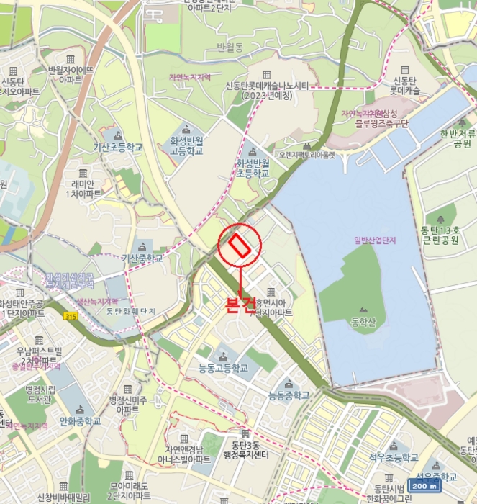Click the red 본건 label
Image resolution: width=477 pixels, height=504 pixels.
click(240, 304)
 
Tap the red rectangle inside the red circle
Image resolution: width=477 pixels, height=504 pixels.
click(240, 246)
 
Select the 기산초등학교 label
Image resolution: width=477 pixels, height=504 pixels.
click(118, 147)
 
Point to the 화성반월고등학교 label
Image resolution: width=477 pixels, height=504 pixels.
click(186, 147)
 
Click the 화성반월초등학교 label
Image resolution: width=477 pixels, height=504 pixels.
click(253, 169)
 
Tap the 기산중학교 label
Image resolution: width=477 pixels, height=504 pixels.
click(142, 258)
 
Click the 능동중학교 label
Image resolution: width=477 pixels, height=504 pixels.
click(289, 395)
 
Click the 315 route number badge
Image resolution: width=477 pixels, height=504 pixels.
click(70, 316)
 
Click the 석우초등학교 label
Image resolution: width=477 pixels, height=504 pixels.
click(394, 457)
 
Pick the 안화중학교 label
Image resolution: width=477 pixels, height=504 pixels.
click(77, 420)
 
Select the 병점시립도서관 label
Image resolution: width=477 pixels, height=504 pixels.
click(41, 394)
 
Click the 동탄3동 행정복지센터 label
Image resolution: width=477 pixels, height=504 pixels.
click(245, 450)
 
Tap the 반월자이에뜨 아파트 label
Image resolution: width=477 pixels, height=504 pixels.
click(71, 75)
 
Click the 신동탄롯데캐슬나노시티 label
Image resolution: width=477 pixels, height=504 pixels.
click(267, 90)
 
